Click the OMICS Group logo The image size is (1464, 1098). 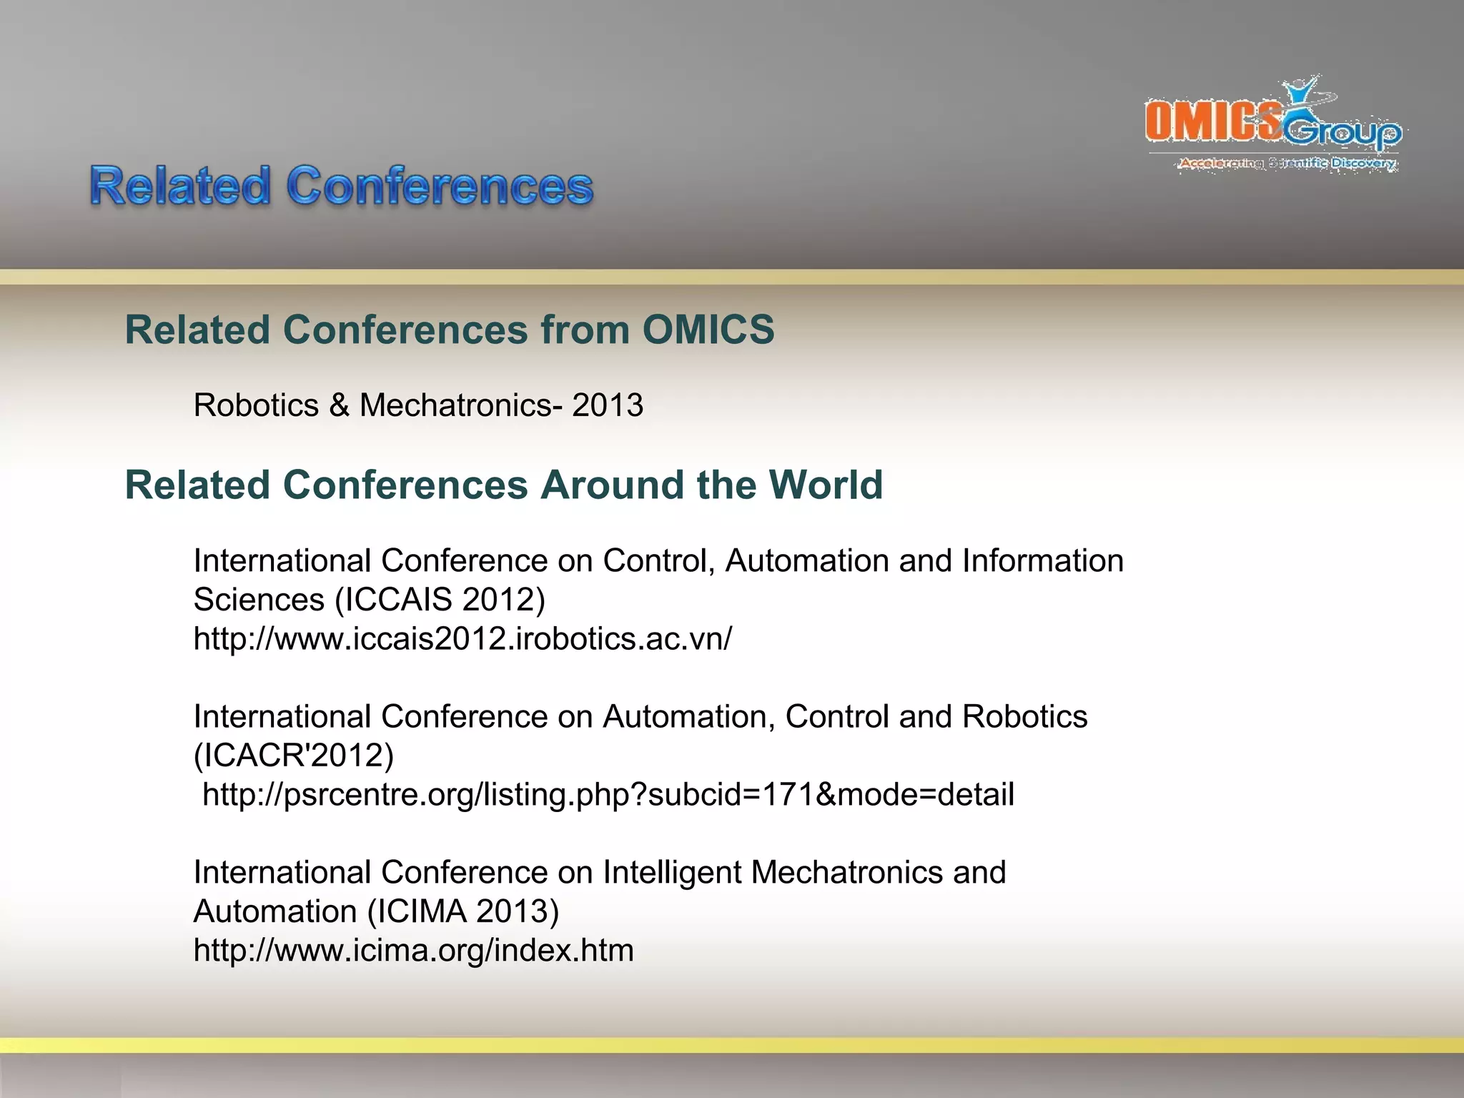1272,122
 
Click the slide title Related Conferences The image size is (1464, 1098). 342,187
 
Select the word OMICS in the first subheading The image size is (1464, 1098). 708,330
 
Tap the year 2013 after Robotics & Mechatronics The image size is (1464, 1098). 608,405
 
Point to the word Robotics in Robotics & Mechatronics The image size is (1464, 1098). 256,405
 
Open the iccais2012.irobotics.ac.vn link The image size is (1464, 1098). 463,638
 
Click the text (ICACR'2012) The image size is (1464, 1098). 294,756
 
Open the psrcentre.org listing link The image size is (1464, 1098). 608,794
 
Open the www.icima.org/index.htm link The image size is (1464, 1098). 413,950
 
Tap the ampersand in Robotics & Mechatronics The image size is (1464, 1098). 339,405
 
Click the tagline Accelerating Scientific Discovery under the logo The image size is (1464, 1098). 1287,163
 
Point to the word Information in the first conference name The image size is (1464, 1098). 1043,561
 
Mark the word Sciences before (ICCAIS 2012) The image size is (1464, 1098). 259,600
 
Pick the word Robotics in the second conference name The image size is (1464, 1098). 1024,717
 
